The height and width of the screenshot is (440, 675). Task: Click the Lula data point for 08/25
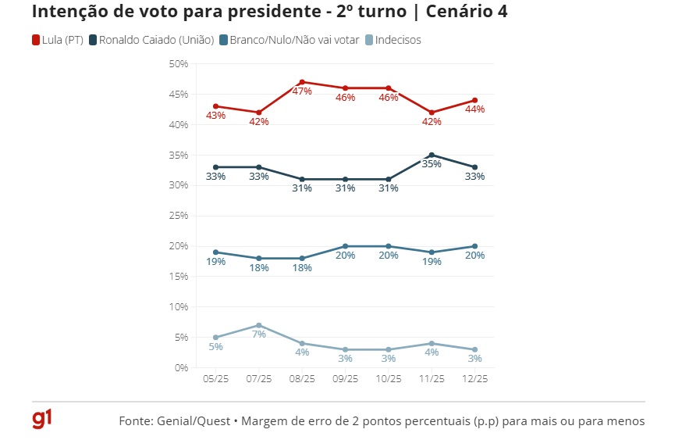(x=302, y=82)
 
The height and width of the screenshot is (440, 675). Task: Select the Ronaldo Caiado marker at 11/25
(x=432, y=155)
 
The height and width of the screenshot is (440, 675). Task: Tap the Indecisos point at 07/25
(x=259, y=325)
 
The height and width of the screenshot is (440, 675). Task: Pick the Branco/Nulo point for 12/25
(x=474, y=246)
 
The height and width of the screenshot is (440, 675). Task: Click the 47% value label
(x=302, y=91)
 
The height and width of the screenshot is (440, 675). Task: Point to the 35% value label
(x=432, y=164)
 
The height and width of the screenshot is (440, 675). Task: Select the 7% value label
(x=259, y=334)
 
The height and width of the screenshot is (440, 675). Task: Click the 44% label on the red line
(x=474, y=109)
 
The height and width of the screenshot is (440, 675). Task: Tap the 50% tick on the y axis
(x=179, y=64)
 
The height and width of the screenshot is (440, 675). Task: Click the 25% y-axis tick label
(x=179, y=216)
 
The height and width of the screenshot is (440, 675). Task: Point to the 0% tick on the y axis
(x=181, y=367)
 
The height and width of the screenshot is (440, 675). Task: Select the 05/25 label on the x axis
(x=215, y=378)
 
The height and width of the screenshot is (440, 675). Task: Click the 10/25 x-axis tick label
(x=389, y=378)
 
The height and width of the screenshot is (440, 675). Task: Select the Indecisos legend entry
(x=398, y=40)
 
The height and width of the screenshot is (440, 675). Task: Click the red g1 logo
(x=42, y=420)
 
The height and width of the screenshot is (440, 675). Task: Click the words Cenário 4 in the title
(x=457, y=13)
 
